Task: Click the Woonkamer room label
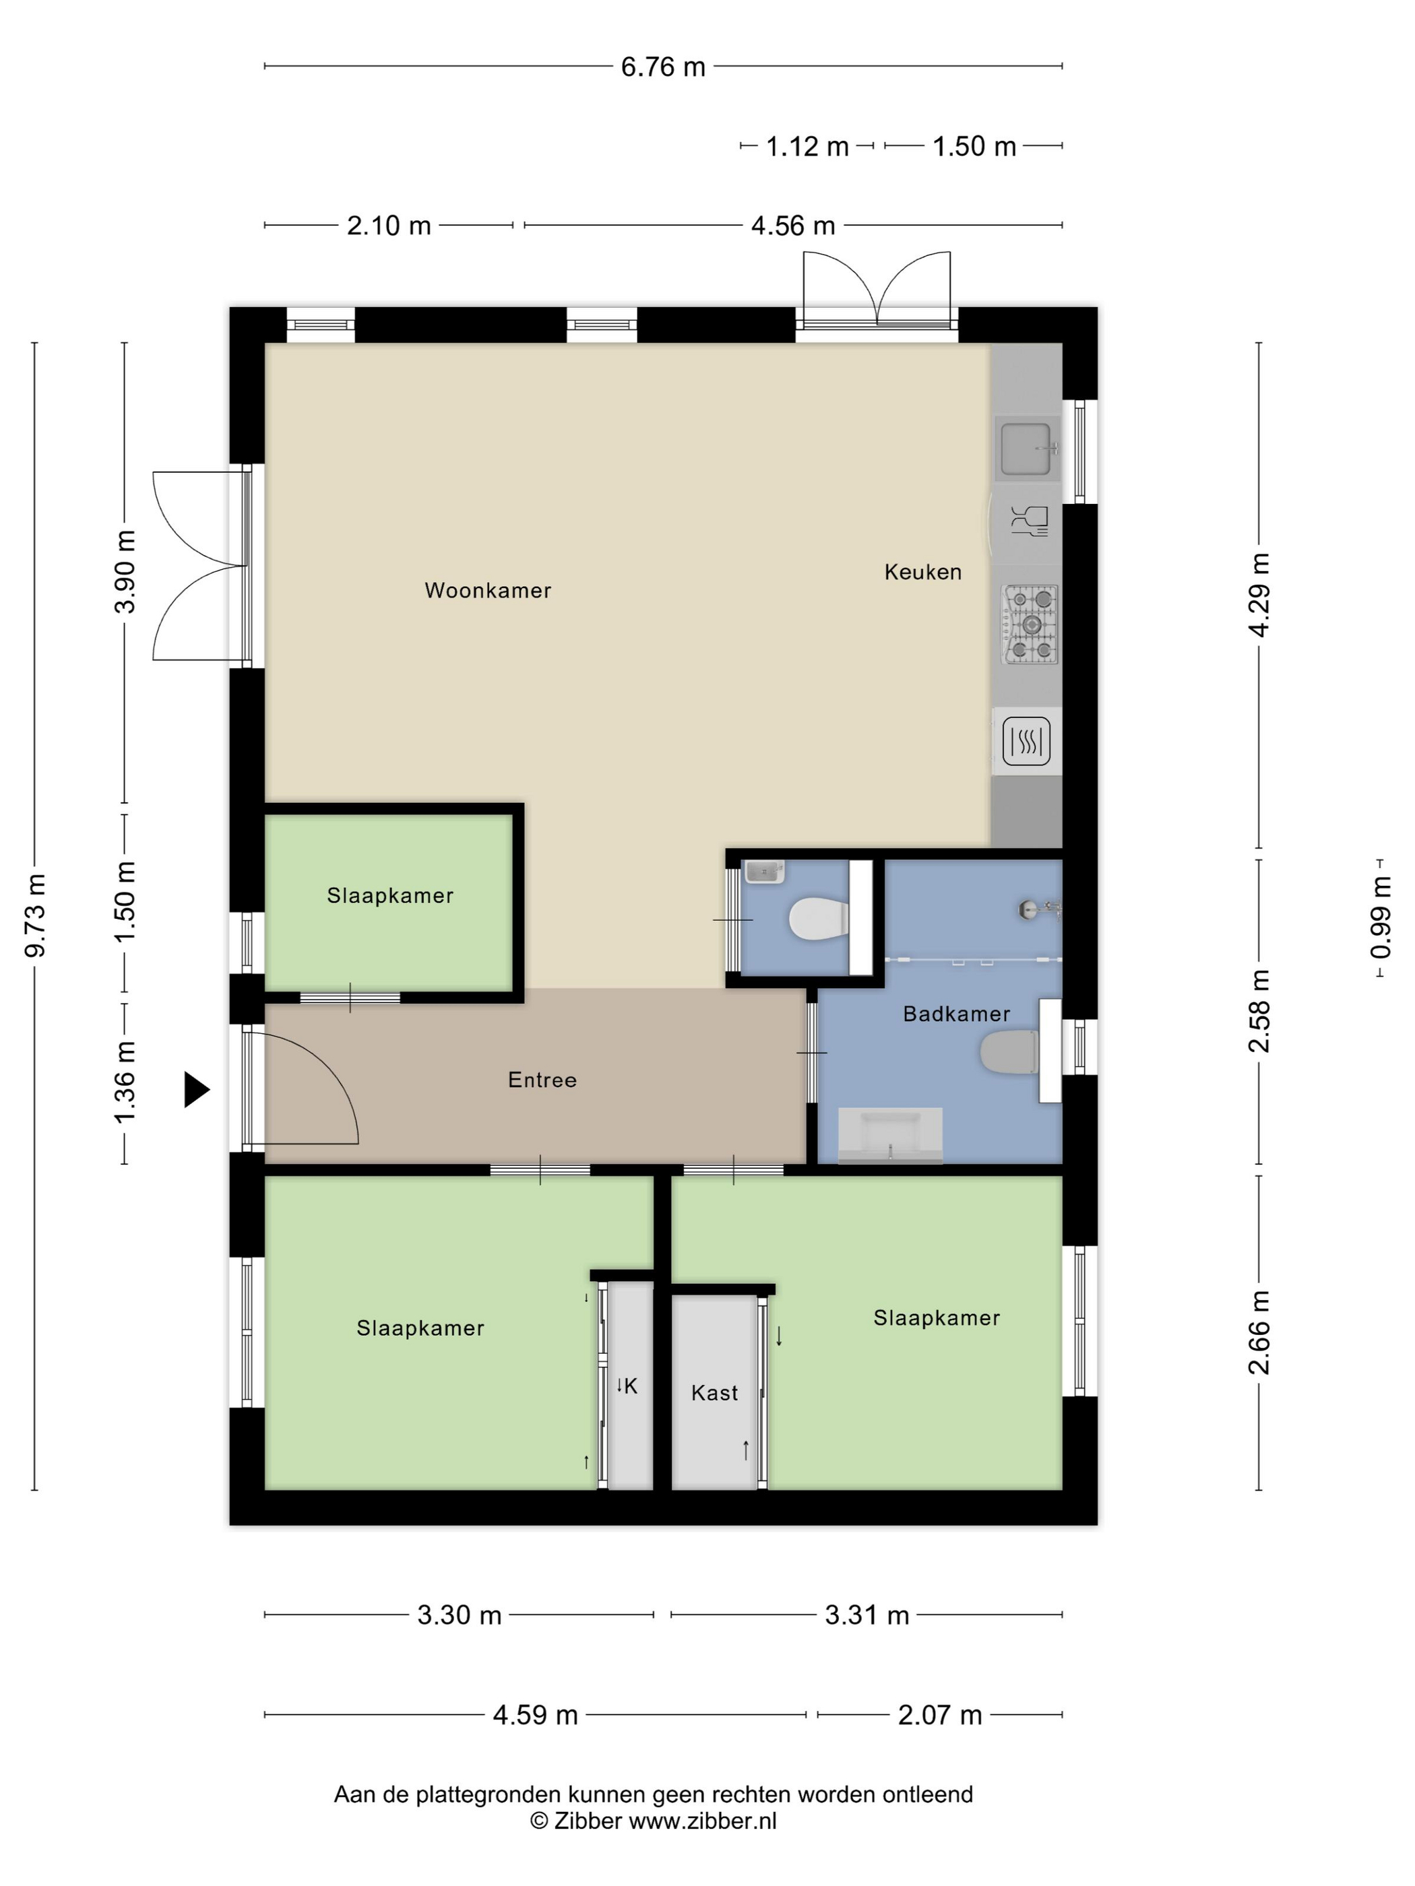(x=488, y=590)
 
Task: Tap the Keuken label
(x=923, y=571)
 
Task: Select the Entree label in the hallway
(x=542, y=1080)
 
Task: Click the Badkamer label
(x=956, y=1013)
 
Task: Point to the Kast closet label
(x=715, y=1392)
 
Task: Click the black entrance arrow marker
(x=197, y=1090)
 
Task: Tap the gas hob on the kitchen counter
(x=1030, y=624)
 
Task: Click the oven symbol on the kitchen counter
(x=1026, y=741)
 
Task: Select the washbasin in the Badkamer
(x=891, y=1135)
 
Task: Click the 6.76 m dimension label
(x=663, y=67)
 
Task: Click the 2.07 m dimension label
(x=940, y=1715)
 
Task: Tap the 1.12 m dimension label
(x=807, y=147)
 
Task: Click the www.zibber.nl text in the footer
(x=703, y=1821)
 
